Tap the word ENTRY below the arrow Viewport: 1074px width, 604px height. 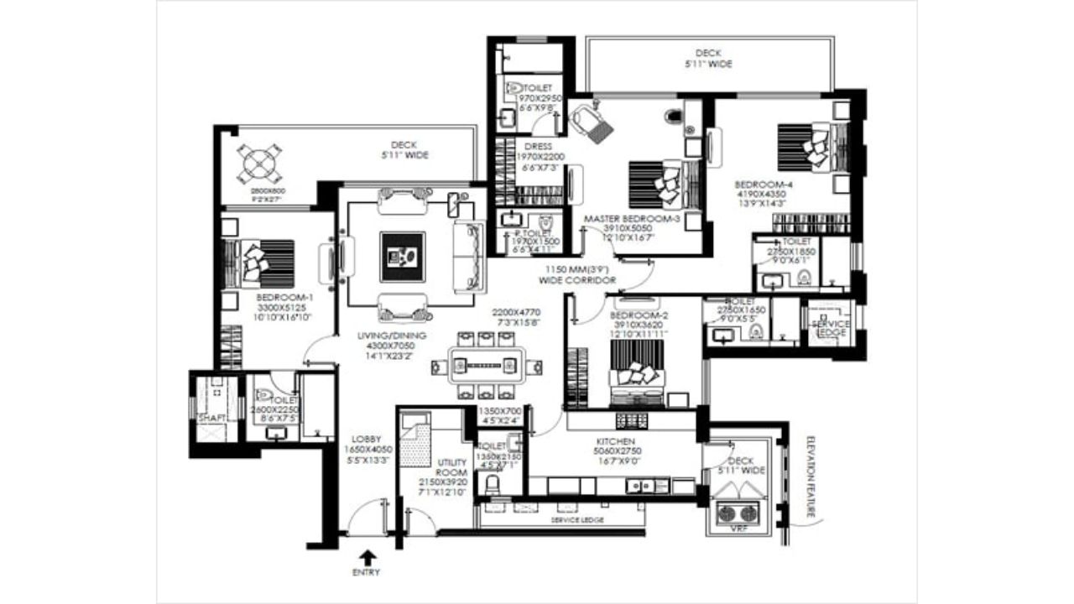367,573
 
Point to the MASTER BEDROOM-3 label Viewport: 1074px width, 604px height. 631,219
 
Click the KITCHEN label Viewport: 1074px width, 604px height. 616,441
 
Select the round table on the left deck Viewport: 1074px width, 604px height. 260,164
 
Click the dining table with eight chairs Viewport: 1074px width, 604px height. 486,366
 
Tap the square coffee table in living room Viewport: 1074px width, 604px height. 402,257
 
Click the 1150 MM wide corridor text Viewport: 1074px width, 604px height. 580,274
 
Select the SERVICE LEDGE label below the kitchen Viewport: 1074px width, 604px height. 574,520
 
